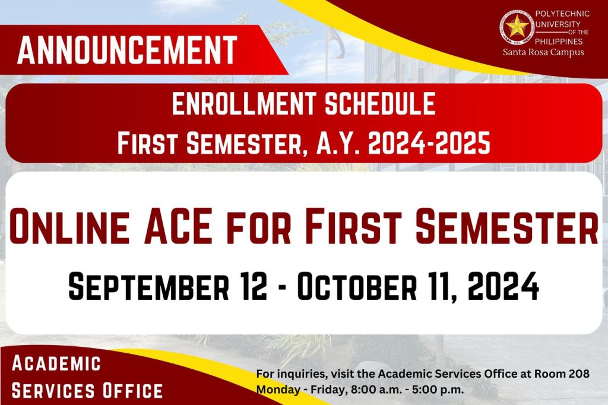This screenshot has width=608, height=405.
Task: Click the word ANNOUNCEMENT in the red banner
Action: point(127,50)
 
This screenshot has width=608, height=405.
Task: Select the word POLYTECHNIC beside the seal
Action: point(562,14)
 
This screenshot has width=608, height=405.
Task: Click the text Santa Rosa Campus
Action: point(543,52)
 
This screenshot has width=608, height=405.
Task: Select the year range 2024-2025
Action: point(429,143)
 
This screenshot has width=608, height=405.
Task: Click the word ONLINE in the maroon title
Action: point(70,227)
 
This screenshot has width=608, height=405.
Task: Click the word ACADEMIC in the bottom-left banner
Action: point(56,363)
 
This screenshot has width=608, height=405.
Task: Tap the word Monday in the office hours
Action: point(278,390)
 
